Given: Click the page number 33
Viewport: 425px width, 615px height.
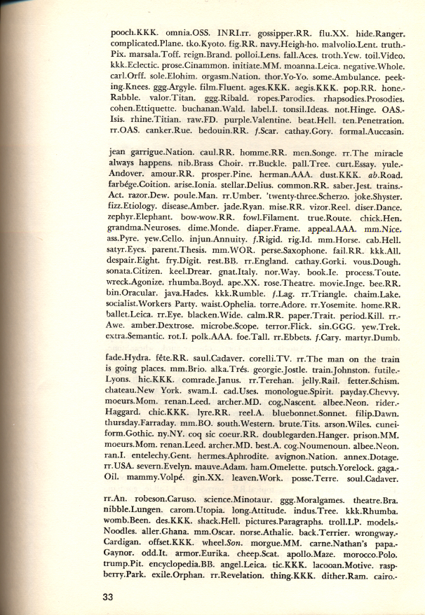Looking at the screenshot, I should [107, 597].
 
